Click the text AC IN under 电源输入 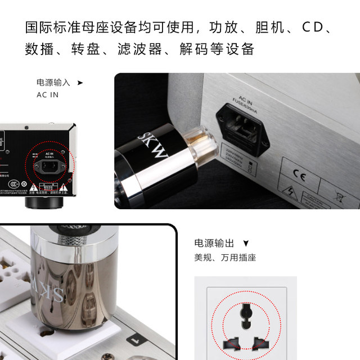47,94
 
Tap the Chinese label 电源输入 53,82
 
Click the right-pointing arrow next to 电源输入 80,82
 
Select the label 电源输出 214,243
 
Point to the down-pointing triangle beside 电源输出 245,244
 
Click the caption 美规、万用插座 225,258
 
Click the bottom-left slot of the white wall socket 231,343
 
